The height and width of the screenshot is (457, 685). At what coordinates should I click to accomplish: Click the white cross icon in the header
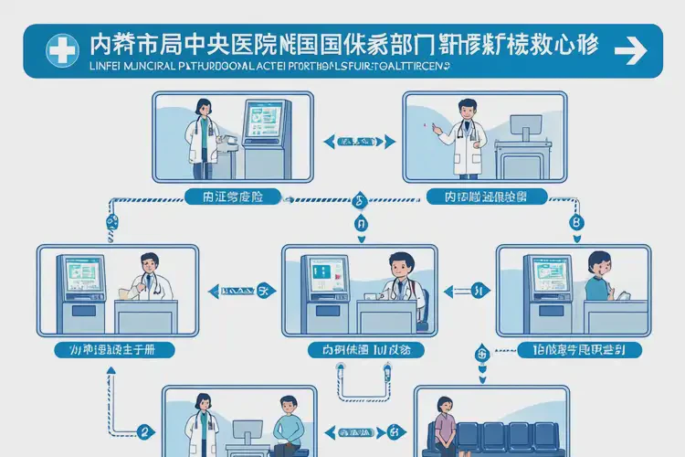62,49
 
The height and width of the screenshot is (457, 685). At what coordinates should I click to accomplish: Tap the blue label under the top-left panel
232,196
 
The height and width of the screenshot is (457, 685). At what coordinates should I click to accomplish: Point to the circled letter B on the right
575,222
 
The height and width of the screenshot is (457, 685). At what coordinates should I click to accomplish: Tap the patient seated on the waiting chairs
447,426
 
